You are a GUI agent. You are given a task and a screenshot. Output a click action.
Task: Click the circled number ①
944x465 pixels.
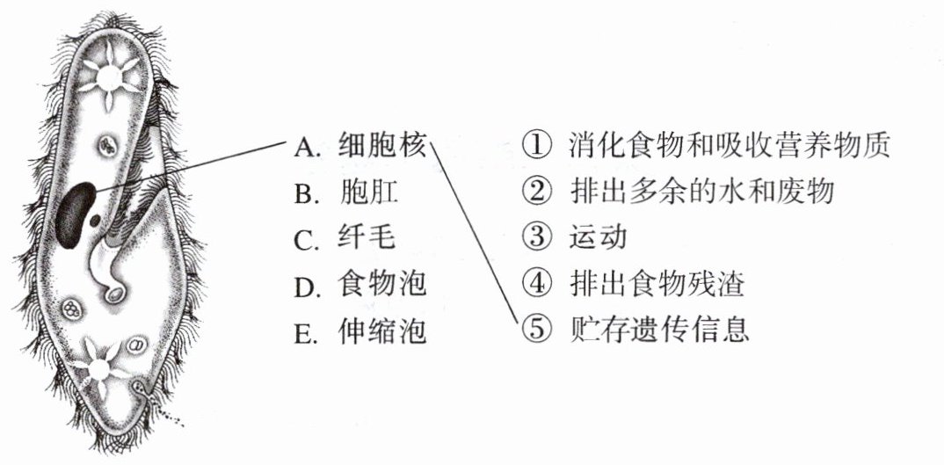coord(534,145)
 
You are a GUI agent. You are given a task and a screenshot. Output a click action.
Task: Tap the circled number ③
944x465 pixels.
coord(534,237)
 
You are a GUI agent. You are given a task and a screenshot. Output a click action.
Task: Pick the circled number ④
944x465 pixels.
coord(534,284)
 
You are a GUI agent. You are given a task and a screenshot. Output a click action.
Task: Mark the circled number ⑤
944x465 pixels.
coord(534,331)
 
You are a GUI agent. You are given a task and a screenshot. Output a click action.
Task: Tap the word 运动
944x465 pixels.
coord(598,237)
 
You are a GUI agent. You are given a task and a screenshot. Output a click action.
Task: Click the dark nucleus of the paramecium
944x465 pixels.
coord(72,214)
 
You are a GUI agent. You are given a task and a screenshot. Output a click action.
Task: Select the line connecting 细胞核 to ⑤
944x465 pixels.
coord(475,237)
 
